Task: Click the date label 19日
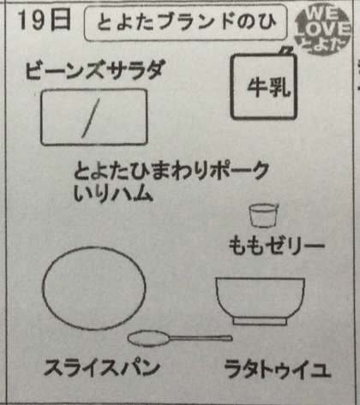[x=45, y=21]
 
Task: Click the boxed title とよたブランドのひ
[x=186, y=22]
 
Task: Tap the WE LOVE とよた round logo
[x=323, y=30]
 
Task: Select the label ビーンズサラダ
[x=95, y=70]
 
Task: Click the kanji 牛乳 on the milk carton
[x=268, y=86]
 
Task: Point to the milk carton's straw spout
[x=285, y=51]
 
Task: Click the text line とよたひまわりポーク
[x=171, y=171]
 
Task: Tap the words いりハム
[x=112, y=194]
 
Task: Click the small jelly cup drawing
[x=264, y=216]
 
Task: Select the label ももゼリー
[x=277, y=246]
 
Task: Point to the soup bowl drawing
[x=260, y=301]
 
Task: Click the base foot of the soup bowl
[x=260, y=322]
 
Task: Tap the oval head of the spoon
[x=148, y=338]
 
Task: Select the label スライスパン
[x=101, y=368]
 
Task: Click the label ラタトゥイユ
[x=277, y=369]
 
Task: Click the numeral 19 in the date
[x=33, y=21]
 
